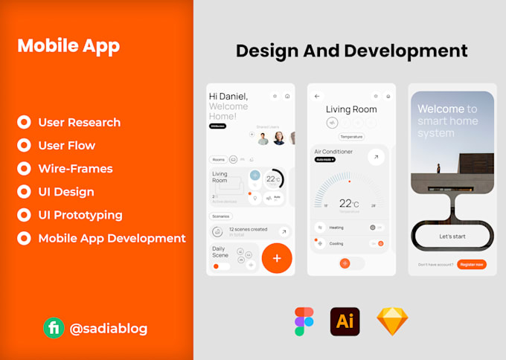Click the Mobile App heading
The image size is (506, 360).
68,45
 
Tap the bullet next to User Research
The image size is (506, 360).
24,122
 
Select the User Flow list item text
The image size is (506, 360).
67,146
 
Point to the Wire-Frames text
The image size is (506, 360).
75,169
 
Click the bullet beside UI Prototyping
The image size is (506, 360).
24,215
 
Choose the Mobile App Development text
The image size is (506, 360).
112,238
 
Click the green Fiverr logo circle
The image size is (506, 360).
54,328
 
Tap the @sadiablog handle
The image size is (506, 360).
108,328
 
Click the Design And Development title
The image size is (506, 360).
351,51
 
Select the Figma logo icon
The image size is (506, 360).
304,321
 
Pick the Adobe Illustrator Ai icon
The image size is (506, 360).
345,321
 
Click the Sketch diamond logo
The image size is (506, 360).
392,321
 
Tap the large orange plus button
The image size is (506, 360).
277,258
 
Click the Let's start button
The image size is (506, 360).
452,236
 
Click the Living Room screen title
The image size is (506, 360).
351,109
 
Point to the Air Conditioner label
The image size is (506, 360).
333,152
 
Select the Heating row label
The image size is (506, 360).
336,228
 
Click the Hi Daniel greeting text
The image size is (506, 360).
228,97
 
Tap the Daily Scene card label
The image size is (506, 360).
220,251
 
